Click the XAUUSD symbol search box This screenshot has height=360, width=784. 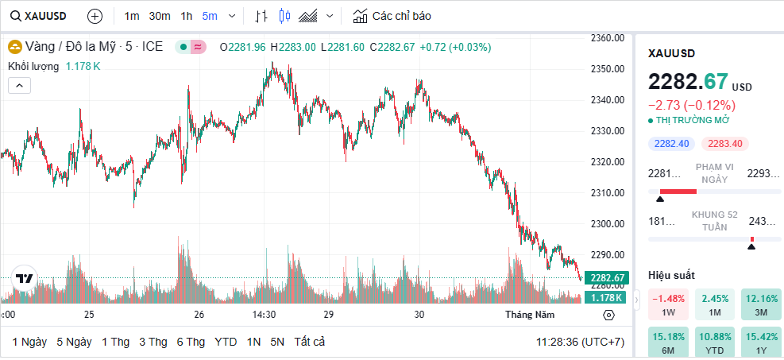click(x=39, y=16)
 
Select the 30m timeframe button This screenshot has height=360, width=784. click(x=160, y=16)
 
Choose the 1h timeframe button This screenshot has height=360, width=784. click(x=187, y=16)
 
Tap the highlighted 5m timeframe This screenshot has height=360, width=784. click(x=210, y=16)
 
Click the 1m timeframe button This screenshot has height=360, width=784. click(x=132, y=16)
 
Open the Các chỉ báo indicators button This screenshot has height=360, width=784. click(x=392, y=16)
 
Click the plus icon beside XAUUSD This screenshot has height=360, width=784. click(x=95, y=16)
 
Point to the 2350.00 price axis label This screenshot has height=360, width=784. click(x=607, y=69)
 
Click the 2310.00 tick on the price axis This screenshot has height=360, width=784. click(x=607, y=193)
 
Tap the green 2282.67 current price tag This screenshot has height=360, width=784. click(x=605, y=277)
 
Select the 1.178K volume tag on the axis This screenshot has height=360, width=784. click(x=605, y=297)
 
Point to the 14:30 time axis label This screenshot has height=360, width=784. click(x=264, y=315)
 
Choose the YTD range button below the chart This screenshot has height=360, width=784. click(x=226, y=342)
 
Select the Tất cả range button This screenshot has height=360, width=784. click(x=309, y=342)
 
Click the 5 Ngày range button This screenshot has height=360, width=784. click(x=74, y=342)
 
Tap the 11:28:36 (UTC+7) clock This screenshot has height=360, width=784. click(x=579, y=342)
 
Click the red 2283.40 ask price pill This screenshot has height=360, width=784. click(x=724, y=144)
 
